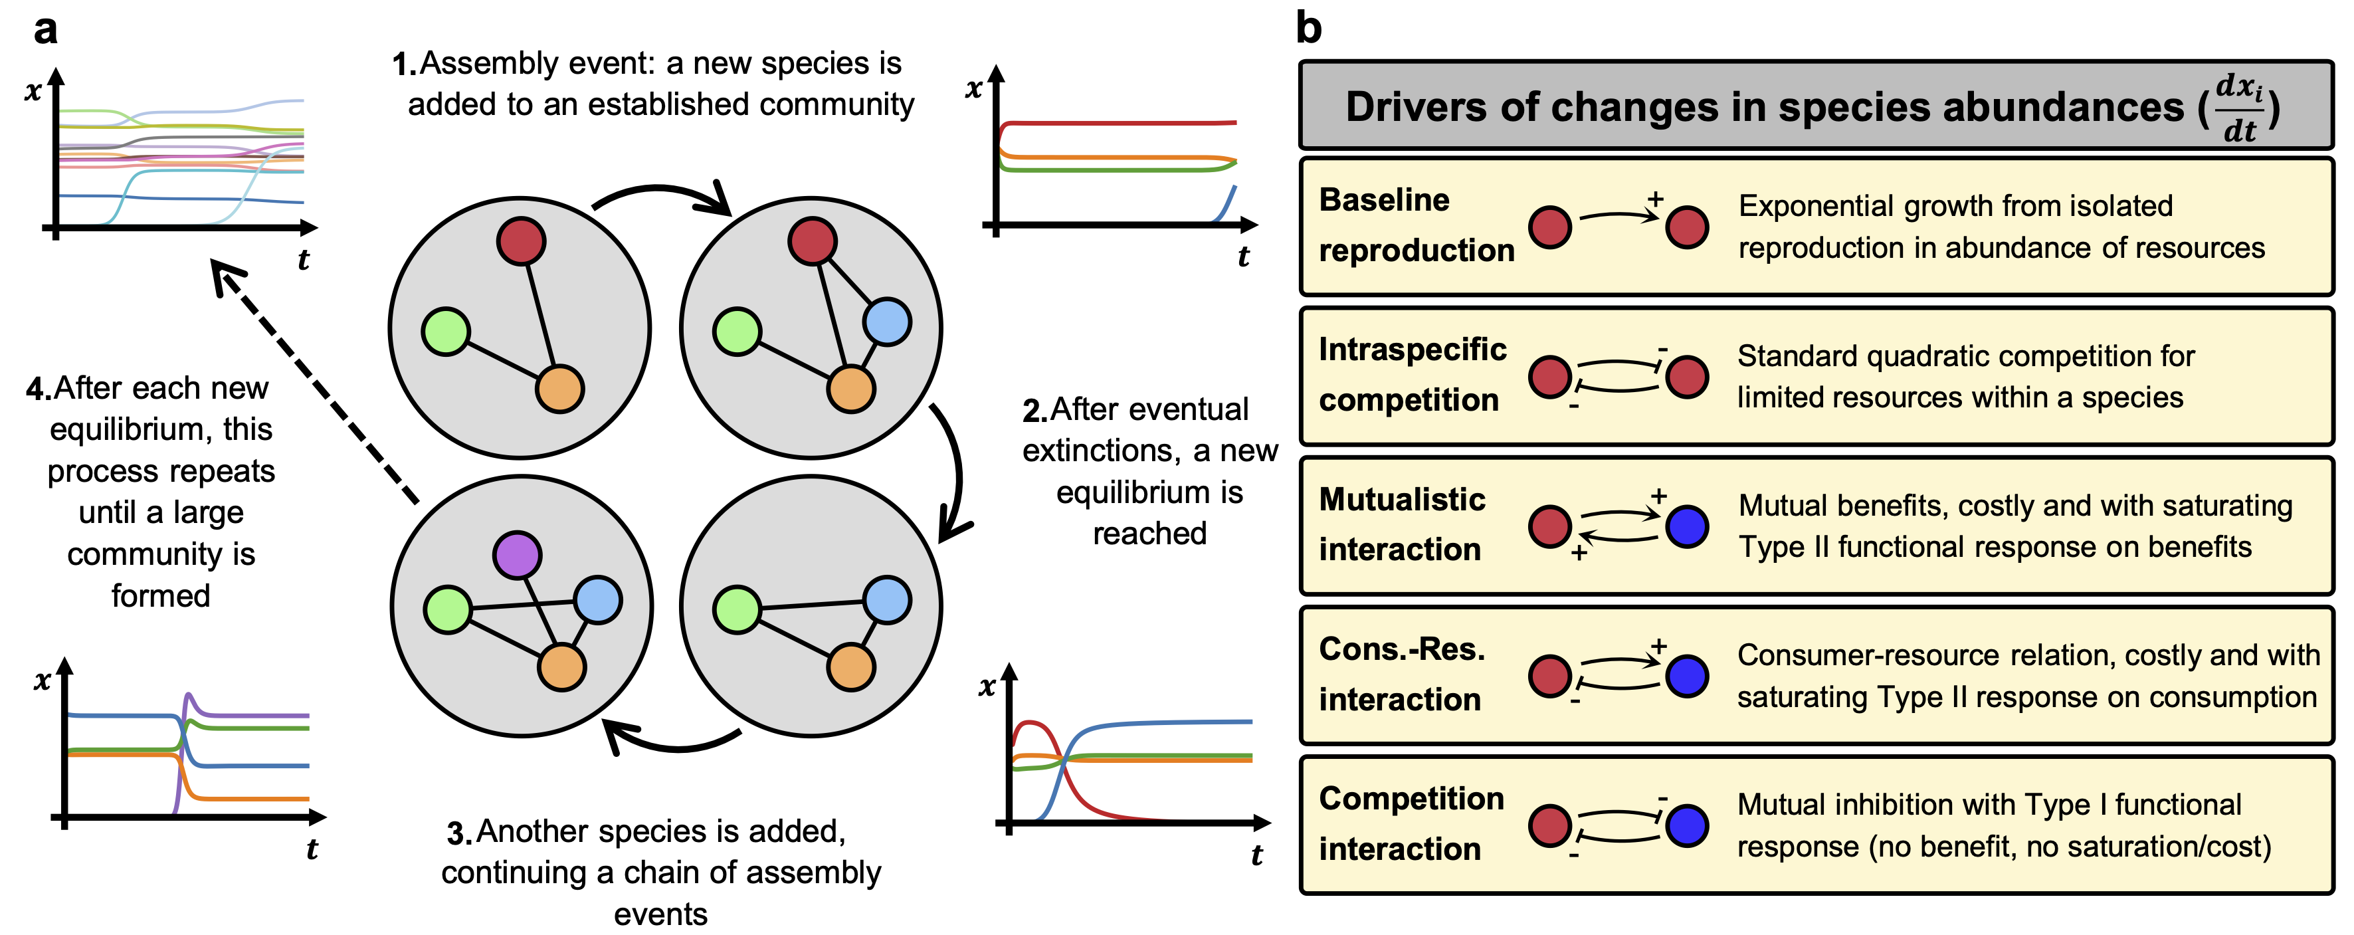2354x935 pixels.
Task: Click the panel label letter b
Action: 1309,29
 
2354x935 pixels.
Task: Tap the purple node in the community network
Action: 517,555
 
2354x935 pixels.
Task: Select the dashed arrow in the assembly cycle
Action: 316,384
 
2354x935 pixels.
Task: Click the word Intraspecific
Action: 1412,349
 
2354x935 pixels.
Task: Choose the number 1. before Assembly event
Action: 404,65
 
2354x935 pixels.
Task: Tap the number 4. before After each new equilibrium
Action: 39,389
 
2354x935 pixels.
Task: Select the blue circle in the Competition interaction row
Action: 1687,825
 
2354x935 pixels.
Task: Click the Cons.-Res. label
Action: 1402,649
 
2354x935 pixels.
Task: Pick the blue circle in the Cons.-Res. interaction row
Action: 1687,676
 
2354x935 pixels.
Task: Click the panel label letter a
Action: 45,29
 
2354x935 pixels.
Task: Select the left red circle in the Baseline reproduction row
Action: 1550,227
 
